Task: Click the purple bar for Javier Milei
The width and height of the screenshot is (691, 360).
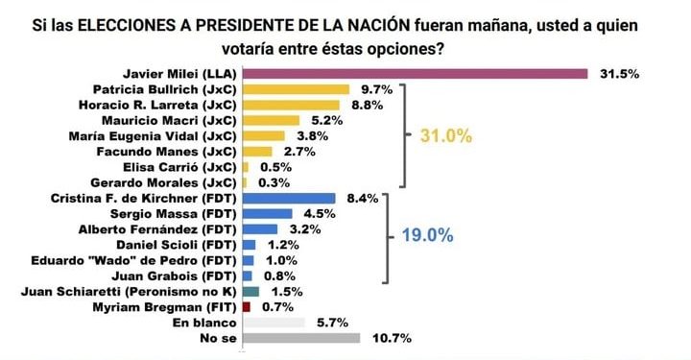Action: click(415, 73)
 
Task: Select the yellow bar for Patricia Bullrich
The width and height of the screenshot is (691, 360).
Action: click(296, 88)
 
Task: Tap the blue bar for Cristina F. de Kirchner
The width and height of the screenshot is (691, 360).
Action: click(289, 198)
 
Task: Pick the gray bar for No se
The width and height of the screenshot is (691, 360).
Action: click(301, 338)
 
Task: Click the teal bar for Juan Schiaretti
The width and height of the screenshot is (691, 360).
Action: click(250, 291)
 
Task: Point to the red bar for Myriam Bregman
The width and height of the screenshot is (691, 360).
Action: click(247, 306)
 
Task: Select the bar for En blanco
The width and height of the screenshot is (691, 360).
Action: click(274, 323)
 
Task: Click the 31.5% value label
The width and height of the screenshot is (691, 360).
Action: click(620, 73)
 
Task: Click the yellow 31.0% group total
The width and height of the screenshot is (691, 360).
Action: click(446, 136)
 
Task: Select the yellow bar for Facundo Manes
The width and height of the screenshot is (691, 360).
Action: click(257, 151)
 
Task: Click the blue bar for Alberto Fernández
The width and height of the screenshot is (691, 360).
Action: click(260, 228)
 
